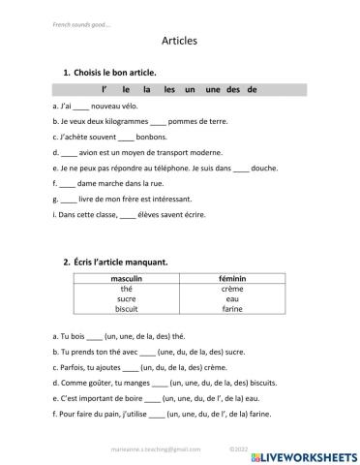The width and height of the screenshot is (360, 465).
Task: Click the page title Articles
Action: click(x=179, y=42)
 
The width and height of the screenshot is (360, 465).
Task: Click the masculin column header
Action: click(x=126, y=279)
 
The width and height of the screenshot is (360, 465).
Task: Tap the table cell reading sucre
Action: click(x=126, y=299)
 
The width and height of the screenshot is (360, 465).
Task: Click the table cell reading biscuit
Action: click(x=126, y=310)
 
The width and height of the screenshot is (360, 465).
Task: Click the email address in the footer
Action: click(x=157, y=449)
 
